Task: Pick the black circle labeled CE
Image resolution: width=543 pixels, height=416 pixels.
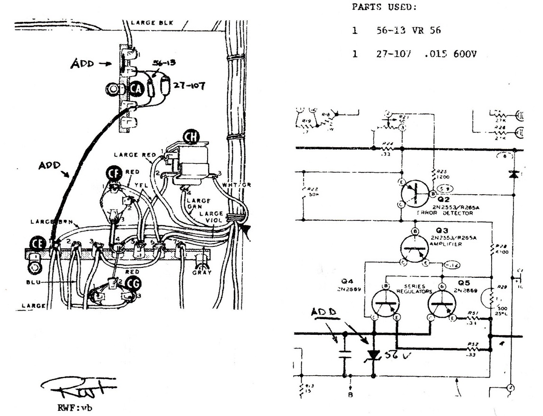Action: tap(38, 243)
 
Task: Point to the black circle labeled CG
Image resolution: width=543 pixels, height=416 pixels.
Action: tap(135, 284)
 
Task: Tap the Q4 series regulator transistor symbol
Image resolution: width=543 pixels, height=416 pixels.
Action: tap(385, 303)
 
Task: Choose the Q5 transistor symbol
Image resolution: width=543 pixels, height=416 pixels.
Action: tap(441, 303)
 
